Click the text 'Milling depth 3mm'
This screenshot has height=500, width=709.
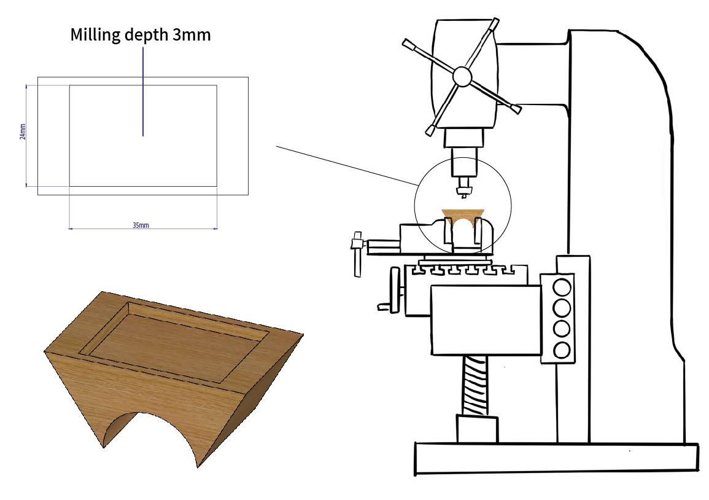[x=141, y=34]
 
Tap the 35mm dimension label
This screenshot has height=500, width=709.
[x=141, y=225]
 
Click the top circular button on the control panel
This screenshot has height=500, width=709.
[x=562, y=287]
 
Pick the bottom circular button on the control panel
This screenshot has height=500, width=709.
[x=562, y=350]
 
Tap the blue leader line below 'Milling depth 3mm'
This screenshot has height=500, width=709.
[x=143, y=92]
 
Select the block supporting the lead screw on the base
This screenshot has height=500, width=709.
[x=477, y=428]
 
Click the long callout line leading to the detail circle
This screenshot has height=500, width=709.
[x=347, y=165]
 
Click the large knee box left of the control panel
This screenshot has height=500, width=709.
[x=485, y=319]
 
